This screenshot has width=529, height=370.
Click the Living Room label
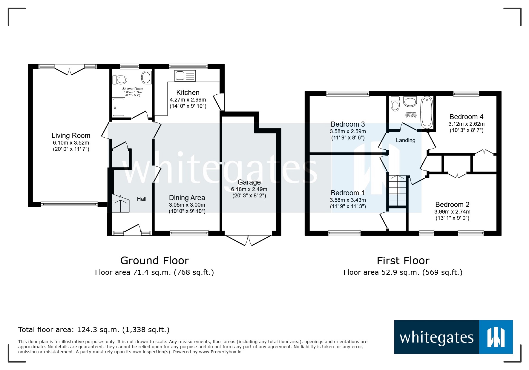(71, 136)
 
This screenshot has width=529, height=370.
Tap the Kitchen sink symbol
(185, 76)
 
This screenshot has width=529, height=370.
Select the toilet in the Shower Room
(120, 80)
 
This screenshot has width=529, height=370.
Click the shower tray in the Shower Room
(119, 107)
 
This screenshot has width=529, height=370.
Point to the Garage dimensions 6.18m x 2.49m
(249, 189)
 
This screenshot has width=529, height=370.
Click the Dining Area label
(187, 198)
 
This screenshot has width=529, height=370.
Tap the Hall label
(142, 199)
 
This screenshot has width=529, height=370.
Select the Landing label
(405, 140)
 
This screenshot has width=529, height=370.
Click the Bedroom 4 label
(466, 117)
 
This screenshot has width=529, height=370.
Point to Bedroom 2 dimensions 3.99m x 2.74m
(452, 212)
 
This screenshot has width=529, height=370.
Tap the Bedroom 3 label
(348, 124)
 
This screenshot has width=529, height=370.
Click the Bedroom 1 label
(348, 193)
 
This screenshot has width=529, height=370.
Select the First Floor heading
(403, 261)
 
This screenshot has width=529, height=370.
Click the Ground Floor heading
(154, 261)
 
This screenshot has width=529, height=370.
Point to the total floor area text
(94, 330)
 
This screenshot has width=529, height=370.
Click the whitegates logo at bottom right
(453, 337)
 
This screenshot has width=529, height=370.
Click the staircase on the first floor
(398, 191)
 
